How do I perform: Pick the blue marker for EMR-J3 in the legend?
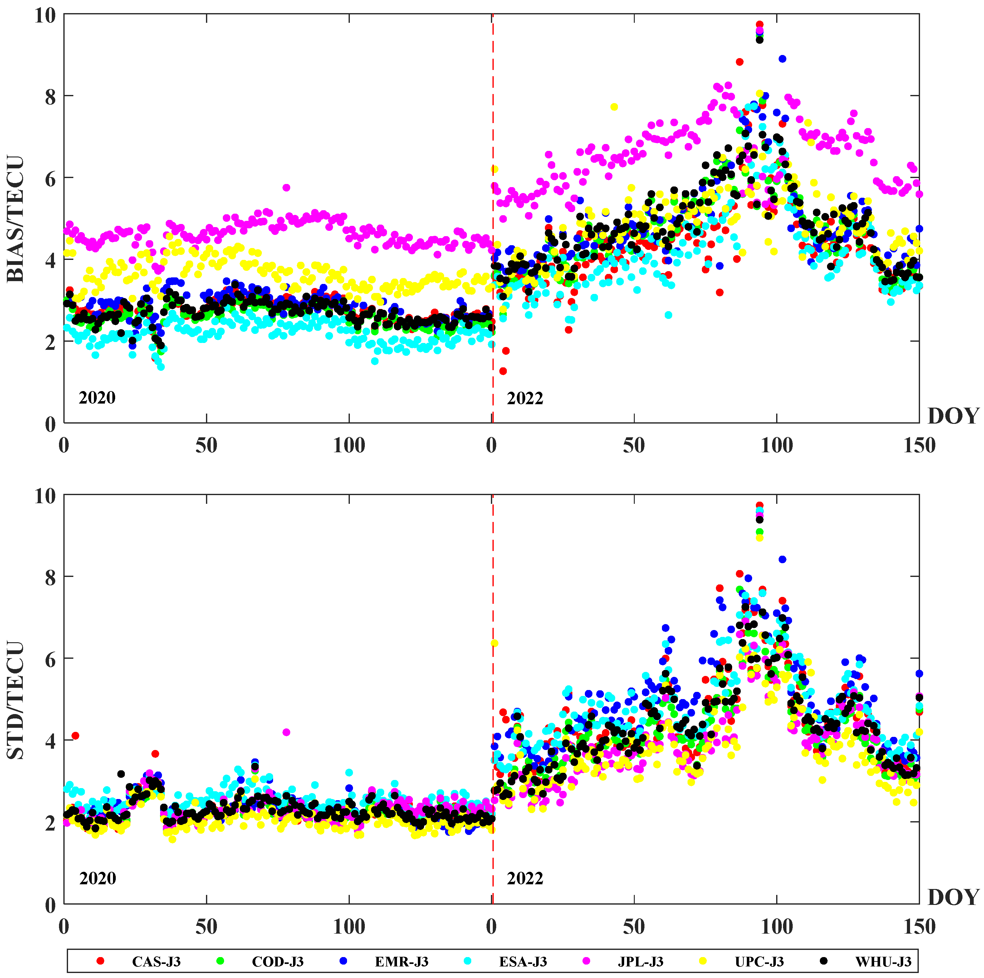[x=343, y=961]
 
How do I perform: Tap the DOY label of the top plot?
[x=953, y=416]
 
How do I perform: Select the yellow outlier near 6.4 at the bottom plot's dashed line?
[x=494, y=644]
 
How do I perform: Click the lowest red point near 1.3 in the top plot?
[x=503, y=371]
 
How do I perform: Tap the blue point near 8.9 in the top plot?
[x=782, y=59]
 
